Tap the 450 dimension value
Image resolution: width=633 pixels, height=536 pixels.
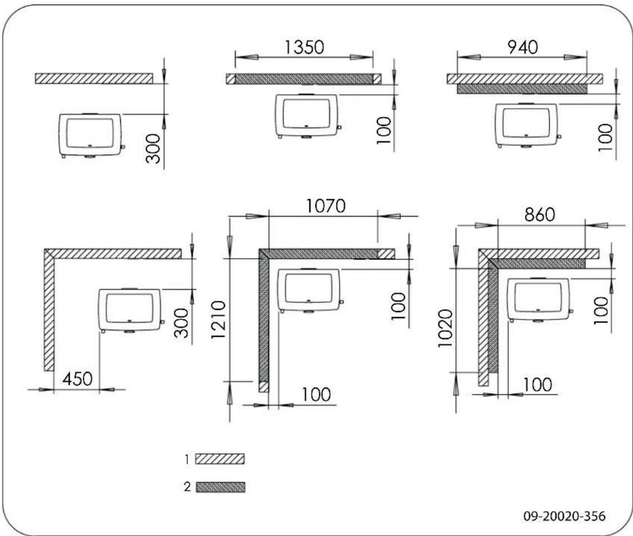pyautogui.click(x=76, y=379)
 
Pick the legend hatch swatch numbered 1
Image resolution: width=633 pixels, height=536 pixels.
pyautogui.click(x=220, y=459)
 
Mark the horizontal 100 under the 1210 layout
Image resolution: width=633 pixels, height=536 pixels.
pyautogui.click(x=315, y=394)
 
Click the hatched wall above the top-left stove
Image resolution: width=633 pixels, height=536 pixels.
pyautogui.click(x=93, y=79)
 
